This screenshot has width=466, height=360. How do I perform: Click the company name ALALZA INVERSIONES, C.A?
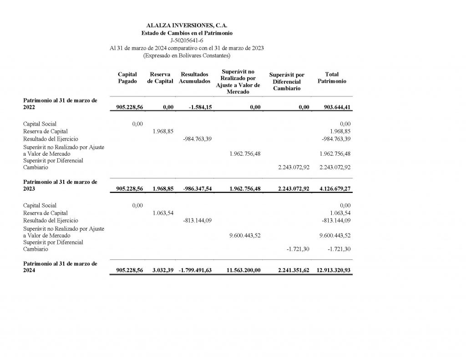[x=187, y=26]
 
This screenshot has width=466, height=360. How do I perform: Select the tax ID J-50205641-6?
[x=187, y=41]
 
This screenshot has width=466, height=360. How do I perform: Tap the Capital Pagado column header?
[x=127, y=78]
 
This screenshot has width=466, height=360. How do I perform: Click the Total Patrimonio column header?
[x=332, y=78]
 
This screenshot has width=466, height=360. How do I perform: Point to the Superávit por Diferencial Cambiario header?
[x=287, y=81]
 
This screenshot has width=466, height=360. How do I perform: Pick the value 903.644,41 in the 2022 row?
[x=335, y=107]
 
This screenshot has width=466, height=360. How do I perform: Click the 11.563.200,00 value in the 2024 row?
[x=243, y=270]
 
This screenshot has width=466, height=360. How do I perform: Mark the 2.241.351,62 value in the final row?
[x=294, y=270]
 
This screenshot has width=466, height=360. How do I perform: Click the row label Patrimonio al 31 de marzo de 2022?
[x=60, y=104]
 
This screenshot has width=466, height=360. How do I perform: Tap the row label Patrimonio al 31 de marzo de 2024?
[x=60, y=267]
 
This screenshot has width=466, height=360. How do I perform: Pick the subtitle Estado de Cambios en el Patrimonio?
[x=187, y=33]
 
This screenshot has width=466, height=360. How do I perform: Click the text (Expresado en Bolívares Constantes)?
[x=187, y=56]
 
